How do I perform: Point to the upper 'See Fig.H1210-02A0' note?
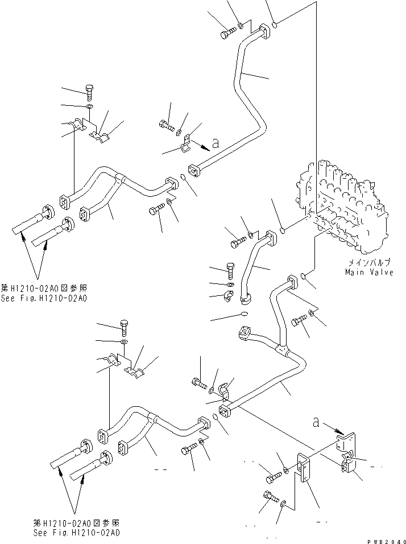(49, 298)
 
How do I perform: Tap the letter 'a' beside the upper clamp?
(216, 144)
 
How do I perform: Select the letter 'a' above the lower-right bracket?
(315, 422)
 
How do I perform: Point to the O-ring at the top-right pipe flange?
(275, 25)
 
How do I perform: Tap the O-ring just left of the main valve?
(283, 230)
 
